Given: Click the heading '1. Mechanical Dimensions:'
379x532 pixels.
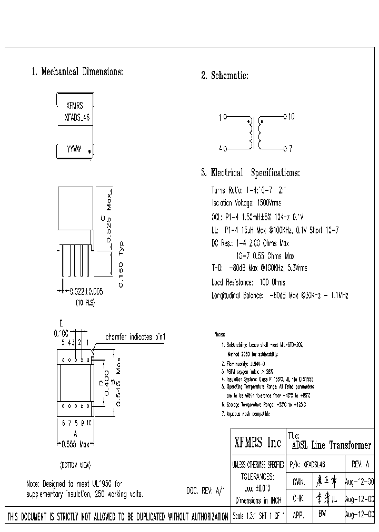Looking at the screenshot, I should (77, 71).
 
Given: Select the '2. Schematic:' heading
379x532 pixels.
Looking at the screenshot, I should (225, 76).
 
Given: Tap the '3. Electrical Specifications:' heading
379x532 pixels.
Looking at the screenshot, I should (251, 172).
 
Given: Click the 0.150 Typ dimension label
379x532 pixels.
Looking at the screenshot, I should (120, 263).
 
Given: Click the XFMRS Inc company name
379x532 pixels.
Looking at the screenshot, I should (257, 443).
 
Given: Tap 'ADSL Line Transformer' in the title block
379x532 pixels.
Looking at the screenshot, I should (331, 445).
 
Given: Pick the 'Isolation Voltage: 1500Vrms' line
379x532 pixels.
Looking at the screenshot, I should (246, 203).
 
